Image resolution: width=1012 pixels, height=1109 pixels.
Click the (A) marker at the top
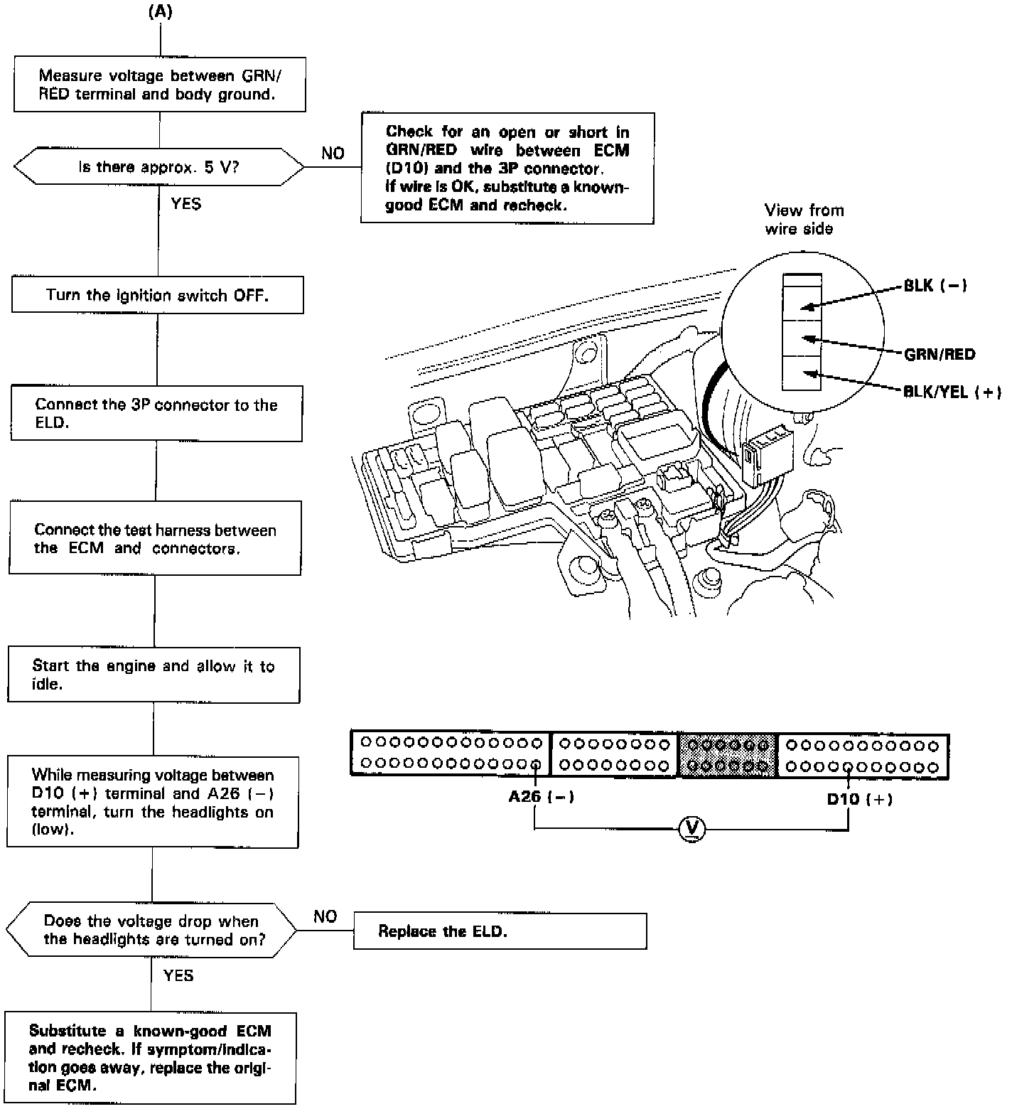point(161,11)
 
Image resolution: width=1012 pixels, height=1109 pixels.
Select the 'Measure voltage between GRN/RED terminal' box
point(160,85)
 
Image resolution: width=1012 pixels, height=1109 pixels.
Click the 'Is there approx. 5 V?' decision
point(158,168)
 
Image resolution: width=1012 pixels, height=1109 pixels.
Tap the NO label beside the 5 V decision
point(333,154)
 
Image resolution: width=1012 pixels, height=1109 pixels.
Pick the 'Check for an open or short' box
point(507,168)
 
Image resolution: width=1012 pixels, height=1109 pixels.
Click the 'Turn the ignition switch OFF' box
point(157,295)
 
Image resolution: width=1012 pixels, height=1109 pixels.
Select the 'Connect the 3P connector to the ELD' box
point(156,414)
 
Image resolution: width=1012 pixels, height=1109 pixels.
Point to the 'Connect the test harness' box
point(155,538)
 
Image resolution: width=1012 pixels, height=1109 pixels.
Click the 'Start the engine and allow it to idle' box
point(154,675)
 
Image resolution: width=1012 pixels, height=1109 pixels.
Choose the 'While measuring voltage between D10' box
point(152,802)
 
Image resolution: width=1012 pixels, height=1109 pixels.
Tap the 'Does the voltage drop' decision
point(151,930)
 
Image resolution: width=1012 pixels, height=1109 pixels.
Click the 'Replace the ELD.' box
point(500,931)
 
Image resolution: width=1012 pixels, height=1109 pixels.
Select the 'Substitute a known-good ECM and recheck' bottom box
point(150,1058)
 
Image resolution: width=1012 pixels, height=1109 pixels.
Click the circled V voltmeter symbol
point(691,829)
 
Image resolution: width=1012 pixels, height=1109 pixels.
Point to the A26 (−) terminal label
point(541,797)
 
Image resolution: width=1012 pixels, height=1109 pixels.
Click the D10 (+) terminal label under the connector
point(858,799)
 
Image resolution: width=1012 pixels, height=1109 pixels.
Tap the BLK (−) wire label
point(935,286)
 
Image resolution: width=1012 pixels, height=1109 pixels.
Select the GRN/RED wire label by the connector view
point(939,354)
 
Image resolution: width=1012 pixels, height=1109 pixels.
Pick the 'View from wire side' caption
point(803,219)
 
